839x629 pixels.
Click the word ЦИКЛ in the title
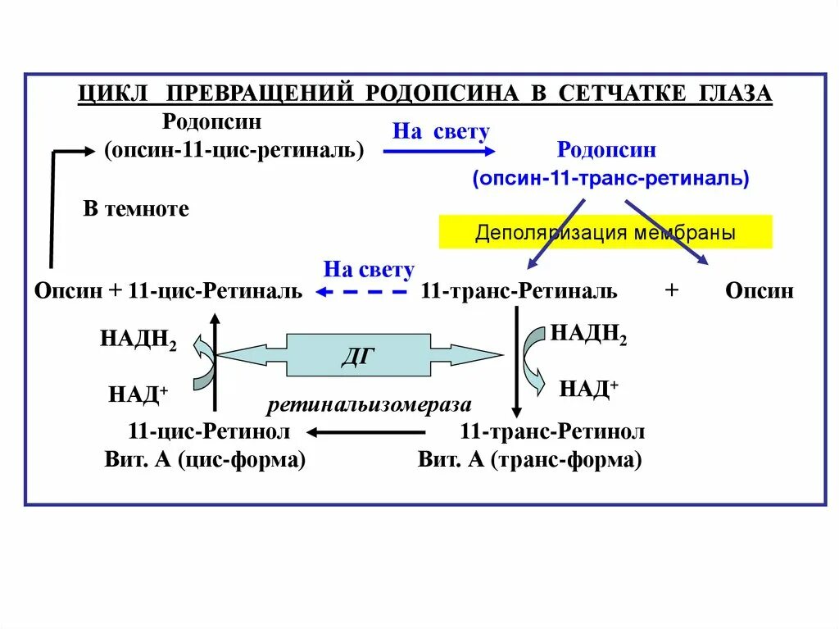(x=111, y=93)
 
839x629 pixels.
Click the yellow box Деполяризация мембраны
(x=605, y=232)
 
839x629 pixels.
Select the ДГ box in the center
(x=359, y=355)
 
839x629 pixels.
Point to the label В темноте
(x=136, y=208)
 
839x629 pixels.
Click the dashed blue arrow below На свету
(x=363, y=292)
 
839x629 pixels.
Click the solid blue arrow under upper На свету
(x=439, y=151)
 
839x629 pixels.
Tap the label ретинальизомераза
(x=368, y=404)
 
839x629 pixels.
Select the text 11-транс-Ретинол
(x=552, y=431)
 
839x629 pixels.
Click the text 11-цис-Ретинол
(x=209, y=431)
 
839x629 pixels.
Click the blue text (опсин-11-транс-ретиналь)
(x=610, y=179)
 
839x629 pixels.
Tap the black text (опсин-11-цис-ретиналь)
(x=234, y=151)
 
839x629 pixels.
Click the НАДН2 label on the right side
(x=588, y=333)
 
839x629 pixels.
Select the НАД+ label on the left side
(x=138, y=394)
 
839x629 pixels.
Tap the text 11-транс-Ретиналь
(x=519, y=291)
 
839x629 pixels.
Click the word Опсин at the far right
(x=760, y=291)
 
